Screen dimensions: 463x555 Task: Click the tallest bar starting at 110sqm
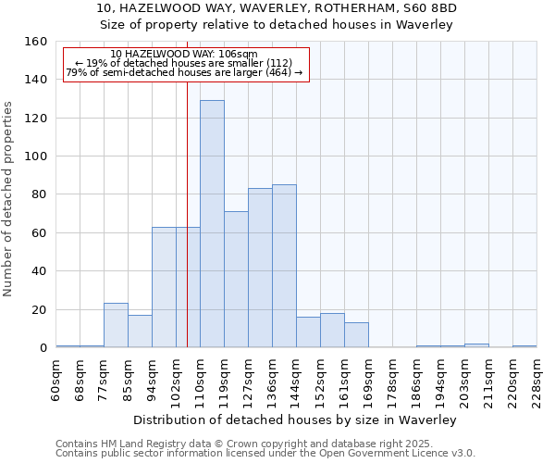[212, 224]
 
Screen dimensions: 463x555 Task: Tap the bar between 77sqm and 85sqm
[116, 325]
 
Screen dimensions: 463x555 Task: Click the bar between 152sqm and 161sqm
[332, 331]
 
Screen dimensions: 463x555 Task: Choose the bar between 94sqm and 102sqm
[164, 287]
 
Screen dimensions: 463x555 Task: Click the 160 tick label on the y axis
[35, 42]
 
